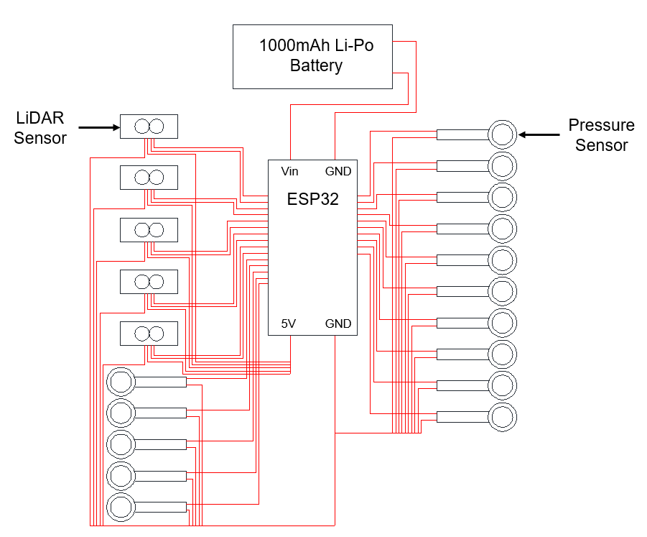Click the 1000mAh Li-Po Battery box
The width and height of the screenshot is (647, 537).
click(312, 56)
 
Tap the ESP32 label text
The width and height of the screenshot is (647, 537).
click(312, 199)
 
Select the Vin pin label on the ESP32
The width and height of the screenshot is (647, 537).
click(289, 172)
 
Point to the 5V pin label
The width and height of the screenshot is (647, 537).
click(288, 324)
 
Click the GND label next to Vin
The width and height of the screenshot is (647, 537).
click(338, 172)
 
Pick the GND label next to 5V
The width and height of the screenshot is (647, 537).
click(338, 324)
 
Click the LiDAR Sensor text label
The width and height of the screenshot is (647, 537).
click(39, 128)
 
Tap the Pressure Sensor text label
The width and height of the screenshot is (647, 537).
click(601, 135)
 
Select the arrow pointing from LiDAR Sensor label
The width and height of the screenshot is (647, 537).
click(98, 128)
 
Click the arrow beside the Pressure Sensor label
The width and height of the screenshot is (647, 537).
click(539, 134)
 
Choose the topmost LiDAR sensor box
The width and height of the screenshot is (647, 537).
click(149, 127)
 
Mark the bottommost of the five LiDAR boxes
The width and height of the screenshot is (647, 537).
click(149, 334)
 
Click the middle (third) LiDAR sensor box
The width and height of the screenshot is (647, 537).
click(149, 230)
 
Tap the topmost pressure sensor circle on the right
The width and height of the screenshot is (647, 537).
click(502, 134)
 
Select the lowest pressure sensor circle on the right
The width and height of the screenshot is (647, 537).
click(502, 416)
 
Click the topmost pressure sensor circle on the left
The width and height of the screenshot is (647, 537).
click(121, 382)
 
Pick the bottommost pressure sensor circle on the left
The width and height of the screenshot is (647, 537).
click(121, 507)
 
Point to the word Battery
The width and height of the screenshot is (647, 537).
click(316, 66)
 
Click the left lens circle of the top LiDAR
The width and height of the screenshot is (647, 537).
click(142, 127)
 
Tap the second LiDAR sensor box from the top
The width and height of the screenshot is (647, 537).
click(149, 178)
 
